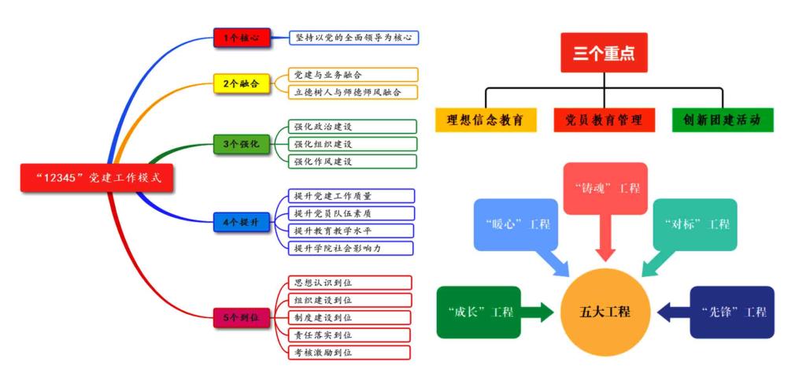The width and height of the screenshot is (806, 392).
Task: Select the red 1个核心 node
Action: pos(242,37)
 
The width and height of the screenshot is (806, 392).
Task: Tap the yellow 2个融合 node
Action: pos(242,83)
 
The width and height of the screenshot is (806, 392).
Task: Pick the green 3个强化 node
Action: pos(242,143)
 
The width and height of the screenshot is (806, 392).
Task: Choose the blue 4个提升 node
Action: pos(242,222)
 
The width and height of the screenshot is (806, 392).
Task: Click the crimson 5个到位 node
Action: pos(242,318)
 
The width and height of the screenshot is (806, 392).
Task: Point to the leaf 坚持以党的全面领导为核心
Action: pos(353,37)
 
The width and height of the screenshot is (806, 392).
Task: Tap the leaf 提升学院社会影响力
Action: pos(349,248)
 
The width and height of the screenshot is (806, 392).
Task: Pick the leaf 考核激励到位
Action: pos(349,352)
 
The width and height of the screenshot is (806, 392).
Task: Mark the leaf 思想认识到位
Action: pos(349,283)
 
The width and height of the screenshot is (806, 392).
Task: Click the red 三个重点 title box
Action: pos(604,53)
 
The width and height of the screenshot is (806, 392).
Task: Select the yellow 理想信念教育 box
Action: pos(486,120)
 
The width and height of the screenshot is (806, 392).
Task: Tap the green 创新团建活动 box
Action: pos(722,120)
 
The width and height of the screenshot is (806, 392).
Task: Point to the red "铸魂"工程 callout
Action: pos(605,189)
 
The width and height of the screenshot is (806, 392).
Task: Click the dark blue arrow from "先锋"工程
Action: pos(673,312)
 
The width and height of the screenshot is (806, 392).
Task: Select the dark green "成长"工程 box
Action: pos(479,312)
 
